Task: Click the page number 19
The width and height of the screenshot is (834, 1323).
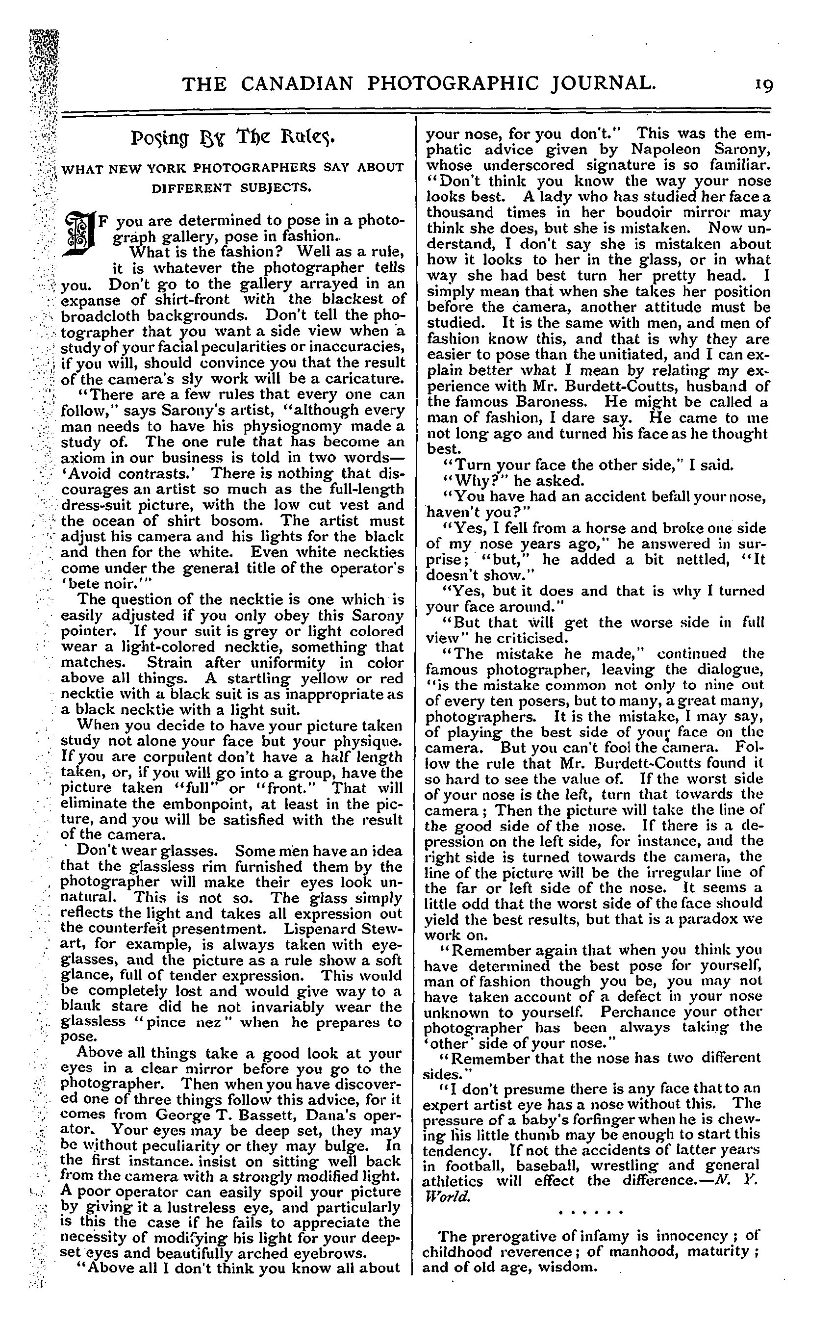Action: [763, 84]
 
